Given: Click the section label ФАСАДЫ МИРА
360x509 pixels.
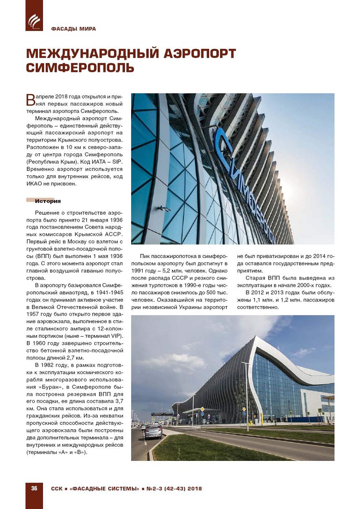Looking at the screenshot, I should [x=73, y=29].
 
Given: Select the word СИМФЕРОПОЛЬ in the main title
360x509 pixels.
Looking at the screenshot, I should [x=80, y=68].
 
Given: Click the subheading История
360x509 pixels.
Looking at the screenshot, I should [x=48, y=201].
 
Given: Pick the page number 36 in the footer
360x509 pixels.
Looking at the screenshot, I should [x=34, y=488].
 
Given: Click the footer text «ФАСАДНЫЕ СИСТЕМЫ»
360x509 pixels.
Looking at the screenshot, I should [x=104, y=489].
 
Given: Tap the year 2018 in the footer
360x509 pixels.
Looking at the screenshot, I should [x=195, y=489].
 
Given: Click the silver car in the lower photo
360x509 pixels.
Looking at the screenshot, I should [x=153, y=431].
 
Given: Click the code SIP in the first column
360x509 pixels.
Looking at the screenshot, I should [x=117, y=162].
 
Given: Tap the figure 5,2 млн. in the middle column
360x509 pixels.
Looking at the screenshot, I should [x=167, y=271].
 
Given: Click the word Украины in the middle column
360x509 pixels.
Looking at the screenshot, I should [x=182, y=307].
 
